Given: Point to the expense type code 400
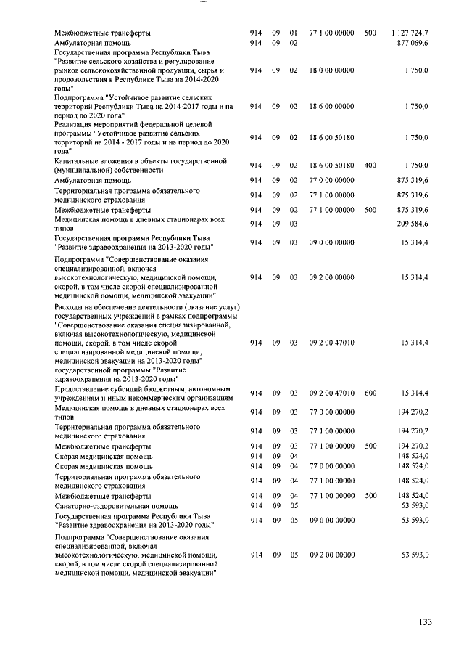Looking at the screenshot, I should pos(370,166).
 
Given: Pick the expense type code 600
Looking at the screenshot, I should pos(370,393).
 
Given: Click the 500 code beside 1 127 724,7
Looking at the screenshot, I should pos(370,33).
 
